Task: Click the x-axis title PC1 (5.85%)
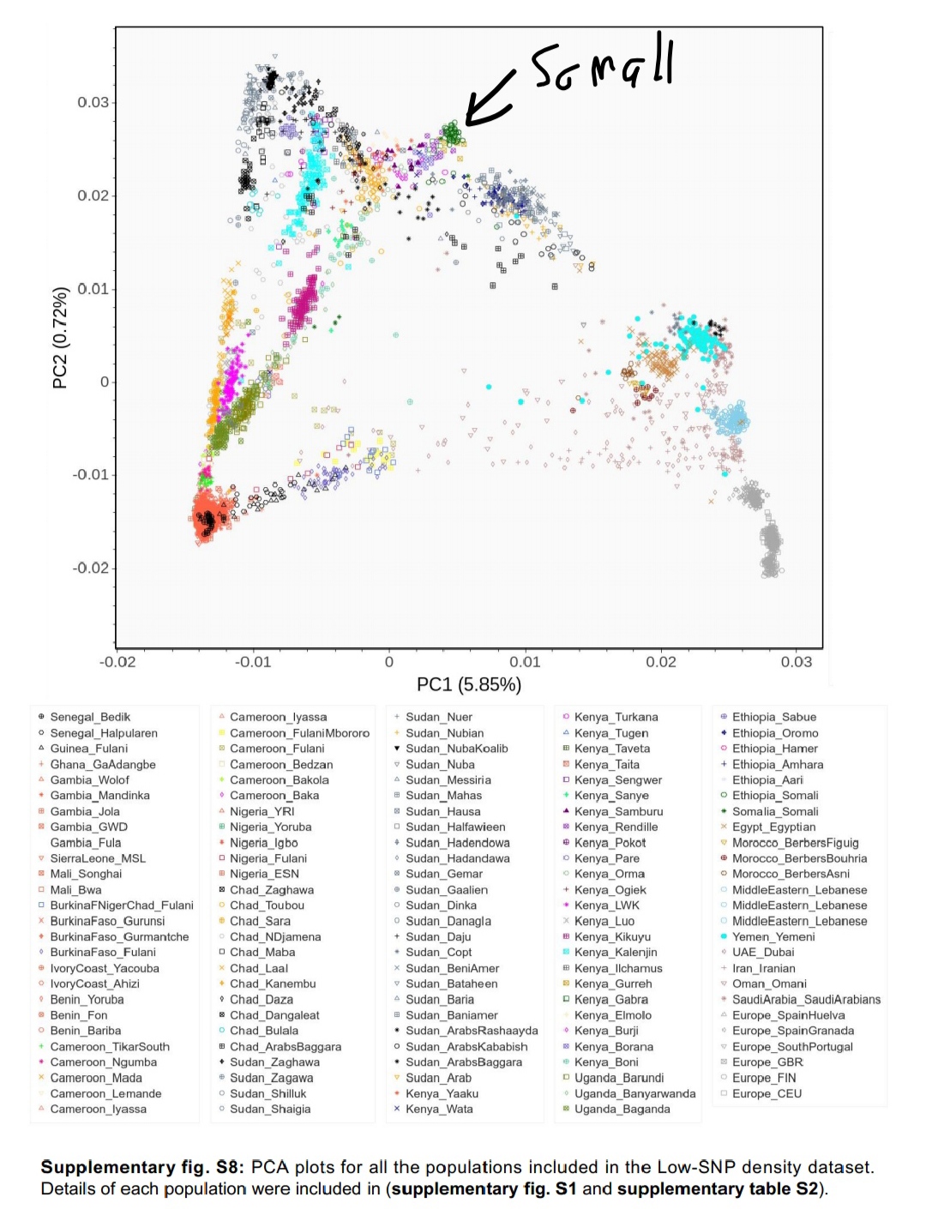[468, 684]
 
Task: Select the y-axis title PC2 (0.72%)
[60, 337]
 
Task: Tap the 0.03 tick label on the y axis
[93, 103]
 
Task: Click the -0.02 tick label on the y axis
[90, 568]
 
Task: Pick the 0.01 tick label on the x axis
[525, 662]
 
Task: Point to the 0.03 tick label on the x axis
[796, 662]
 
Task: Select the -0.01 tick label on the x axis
[253, 662]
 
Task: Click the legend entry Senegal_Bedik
[90, 717]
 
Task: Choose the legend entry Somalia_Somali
[775, 811]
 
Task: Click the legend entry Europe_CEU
[767, 1094]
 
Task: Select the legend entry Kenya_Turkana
[616, 717]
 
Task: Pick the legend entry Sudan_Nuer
[439, 717]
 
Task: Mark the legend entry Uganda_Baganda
[622, 1110]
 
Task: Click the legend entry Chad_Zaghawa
[272, 890]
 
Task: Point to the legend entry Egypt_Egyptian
[773, 827]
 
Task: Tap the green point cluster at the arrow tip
[451, 134]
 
